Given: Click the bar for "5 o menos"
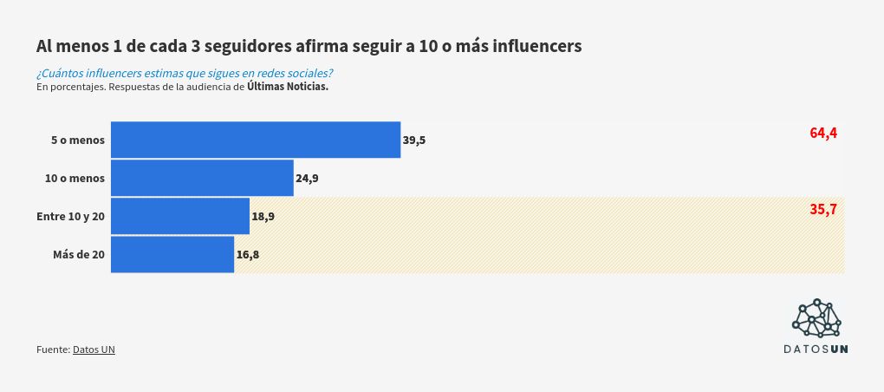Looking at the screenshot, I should click(256, 140).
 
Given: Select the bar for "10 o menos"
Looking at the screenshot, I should click(202, 178).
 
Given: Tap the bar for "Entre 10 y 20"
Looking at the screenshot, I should click(180, 216).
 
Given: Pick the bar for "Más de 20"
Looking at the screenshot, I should click(172, 254).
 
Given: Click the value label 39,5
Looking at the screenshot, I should click(414, 140).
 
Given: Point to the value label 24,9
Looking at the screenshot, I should click(307, 179).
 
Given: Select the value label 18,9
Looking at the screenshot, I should click(263, 217).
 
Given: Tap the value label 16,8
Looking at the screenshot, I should click(248, 255).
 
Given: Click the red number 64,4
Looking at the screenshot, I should click(823, 133).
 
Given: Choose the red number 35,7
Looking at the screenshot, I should click(823, 209).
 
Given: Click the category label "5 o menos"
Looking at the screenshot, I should click(78, 140).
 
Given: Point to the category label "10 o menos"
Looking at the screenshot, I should click(75, 179).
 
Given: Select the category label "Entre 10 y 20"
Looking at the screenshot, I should click(70, 217).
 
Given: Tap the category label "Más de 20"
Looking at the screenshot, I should click(78, 255).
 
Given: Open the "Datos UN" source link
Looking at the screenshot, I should click(94, 350).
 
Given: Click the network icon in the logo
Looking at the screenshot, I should click(816, 318).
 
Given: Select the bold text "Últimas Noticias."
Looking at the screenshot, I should click(288, 87).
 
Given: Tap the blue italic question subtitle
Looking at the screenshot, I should click(185, 73).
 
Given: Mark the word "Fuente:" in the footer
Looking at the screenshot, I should click(53, 350).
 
